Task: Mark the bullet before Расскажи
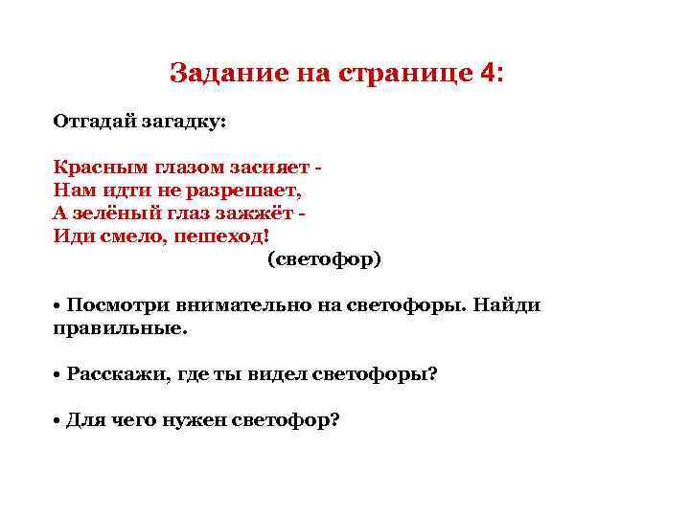(x=57, y=373)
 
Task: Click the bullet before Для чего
(x=57, y=419)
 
